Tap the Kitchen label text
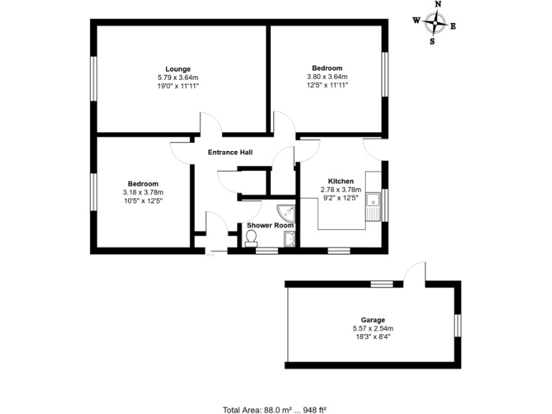pyautogui.click(x=340, y=181)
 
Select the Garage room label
pyautogui.click(x=373, y=320)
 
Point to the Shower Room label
pyautogui.click(x=270, y=226)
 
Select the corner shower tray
pyautogui.click(x=286, y=211)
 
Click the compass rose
pyautogui.click(x=434, y=23)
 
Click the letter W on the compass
pyautogui.click(x=416, y=21)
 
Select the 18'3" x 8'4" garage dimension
pyautogui.click(x=373, y=336)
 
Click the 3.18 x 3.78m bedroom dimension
pyautogui.click(x=143, y=192)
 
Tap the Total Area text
pyautogui.click(x=275, y=410)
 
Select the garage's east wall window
pyautogui.click(x=458, y=324)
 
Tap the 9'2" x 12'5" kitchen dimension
pyautogui.click(x=340, y=198)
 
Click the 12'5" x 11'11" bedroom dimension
pyautogui.click(x=327, y=85)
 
